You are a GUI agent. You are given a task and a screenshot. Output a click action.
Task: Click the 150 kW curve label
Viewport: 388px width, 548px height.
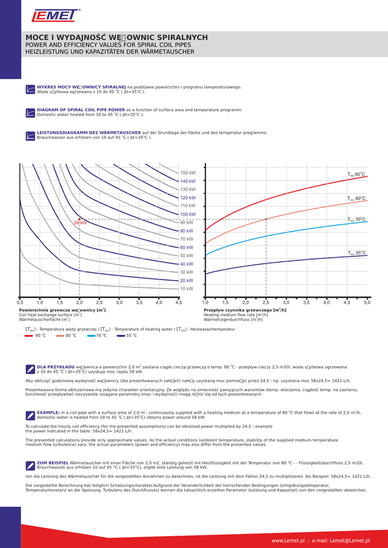187,173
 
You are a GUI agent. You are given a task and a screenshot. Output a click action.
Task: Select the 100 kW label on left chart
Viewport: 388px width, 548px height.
187,214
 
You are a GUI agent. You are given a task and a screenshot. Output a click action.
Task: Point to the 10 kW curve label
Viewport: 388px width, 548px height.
186,288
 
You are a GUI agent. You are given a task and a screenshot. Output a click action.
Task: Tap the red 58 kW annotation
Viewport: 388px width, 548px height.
80,222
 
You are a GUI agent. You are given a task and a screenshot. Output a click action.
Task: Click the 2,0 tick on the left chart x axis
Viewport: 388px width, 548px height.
80,303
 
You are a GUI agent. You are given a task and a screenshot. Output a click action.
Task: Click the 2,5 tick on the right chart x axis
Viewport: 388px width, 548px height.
266,303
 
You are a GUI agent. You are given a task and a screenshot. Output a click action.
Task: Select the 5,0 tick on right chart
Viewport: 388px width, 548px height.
367,303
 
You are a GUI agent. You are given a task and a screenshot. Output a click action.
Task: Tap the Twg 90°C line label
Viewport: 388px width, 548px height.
356,174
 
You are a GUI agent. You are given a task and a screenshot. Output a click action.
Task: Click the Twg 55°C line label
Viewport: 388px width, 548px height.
356,253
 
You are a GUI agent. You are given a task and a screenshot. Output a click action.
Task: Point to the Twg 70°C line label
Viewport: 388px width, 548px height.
356,219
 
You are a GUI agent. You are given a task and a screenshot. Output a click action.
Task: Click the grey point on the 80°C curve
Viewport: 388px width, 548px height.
266,219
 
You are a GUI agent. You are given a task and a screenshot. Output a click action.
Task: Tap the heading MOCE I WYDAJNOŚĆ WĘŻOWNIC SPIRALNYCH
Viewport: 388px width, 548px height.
117,37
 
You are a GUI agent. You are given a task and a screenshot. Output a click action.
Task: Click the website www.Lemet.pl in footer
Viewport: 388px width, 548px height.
288,541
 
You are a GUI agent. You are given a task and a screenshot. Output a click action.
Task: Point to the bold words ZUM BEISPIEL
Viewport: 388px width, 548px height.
52,462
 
